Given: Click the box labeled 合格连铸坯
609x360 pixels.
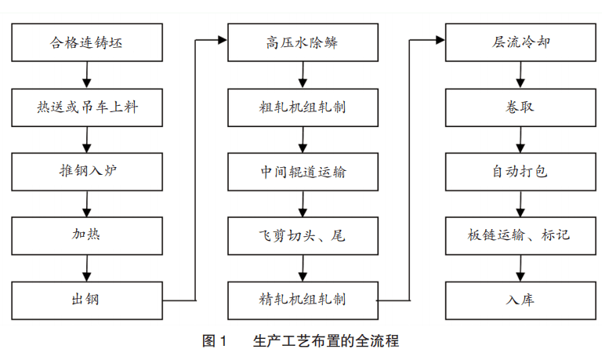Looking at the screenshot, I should [x=87, y=42].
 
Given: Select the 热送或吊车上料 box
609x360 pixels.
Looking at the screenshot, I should [x=87, y=107].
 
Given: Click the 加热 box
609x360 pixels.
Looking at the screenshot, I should [x=87, y=235].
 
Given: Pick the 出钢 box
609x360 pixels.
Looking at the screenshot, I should [x=87, y=299].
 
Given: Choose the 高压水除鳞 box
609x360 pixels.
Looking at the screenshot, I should [x=302, y=42].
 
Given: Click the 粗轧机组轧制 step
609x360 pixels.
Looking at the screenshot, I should [x=302, y=107].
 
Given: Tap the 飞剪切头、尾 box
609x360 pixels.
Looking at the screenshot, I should [x=302, y=235].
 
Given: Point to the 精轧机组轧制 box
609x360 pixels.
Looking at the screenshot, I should [x=302, y=299].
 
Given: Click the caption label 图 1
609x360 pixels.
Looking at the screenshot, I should [x=214, y=341].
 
